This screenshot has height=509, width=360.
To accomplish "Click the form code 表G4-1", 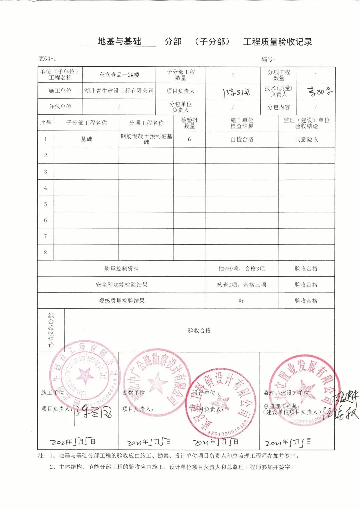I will click(47, 59).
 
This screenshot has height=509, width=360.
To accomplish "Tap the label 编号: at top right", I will click(268, 59).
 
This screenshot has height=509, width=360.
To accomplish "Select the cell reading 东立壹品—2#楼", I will click(119, 75).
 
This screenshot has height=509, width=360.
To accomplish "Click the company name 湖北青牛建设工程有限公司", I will click(119, 91).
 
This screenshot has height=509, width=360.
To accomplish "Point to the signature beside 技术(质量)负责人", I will click(320, 91).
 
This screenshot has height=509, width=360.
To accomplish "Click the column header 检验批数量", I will click(189, 123).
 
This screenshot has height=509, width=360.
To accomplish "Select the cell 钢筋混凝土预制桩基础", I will click(146, 139).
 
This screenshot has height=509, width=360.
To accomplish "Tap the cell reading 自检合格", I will click(242, 139).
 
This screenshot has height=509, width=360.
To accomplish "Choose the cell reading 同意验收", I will click(307, 139).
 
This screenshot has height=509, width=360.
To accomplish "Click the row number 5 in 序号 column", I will click(46, 204).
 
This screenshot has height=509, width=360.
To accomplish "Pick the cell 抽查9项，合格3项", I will click(242, 269).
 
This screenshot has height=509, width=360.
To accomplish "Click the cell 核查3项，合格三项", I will click(242, 285).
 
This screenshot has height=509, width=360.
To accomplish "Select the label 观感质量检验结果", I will click(122, 301).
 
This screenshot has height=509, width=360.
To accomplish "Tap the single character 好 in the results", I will click(242, 301).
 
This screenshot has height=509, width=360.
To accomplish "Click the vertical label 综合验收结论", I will click(51, 330).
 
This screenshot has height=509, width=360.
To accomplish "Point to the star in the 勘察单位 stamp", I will click(157, 382).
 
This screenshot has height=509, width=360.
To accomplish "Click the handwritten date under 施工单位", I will click(73, 442).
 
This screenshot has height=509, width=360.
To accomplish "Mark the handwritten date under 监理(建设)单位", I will click(288, 443).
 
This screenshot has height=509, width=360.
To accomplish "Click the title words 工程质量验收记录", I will click(278, 42).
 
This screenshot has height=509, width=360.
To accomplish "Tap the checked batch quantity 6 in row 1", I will click(189, 139).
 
